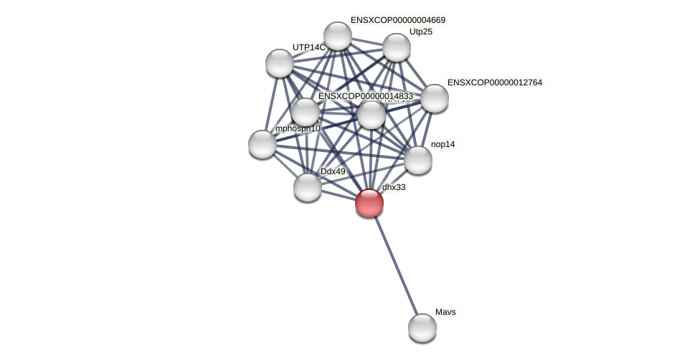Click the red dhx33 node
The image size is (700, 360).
tap(369, 203)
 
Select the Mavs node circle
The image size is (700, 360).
tap(422, 328)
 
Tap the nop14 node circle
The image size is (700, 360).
tap(418, 160)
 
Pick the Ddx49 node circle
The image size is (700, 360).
tap(308, 187)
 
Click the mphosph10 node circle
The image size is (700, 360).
tap(262, 144)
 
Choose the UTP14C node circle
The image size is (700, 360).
tap(280, 63)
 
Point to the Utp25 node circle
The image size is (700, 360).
tap(397, 47)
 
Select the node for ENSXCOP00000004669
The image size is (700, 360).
tap(338, 36)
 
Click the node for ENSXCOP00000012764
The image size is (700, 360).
tap(435, 98)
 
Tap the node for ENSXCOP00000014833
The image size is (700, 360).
tap(306, 112)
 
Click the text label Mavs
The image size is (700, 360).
tap(445, 312)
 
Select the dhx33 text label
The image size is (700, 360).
tap(394, 187)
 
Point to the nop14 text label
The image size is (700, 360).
tap(443, 144)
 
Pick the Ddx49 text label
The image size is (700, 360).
tap(333, 171)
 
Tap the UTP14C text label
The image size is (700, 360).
tap(308, 47)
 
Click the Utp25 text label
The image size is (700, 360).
tap(421, 32)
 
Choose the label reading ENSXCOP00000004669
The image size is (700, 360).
tap(398, 20)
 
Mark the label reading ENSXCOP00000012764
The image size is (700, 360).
tap(495, 82)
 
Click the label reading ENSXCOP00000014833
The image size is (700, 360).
tap(366, 96)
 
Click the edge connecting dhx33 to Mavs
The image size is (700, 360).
tap(396, 265)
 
